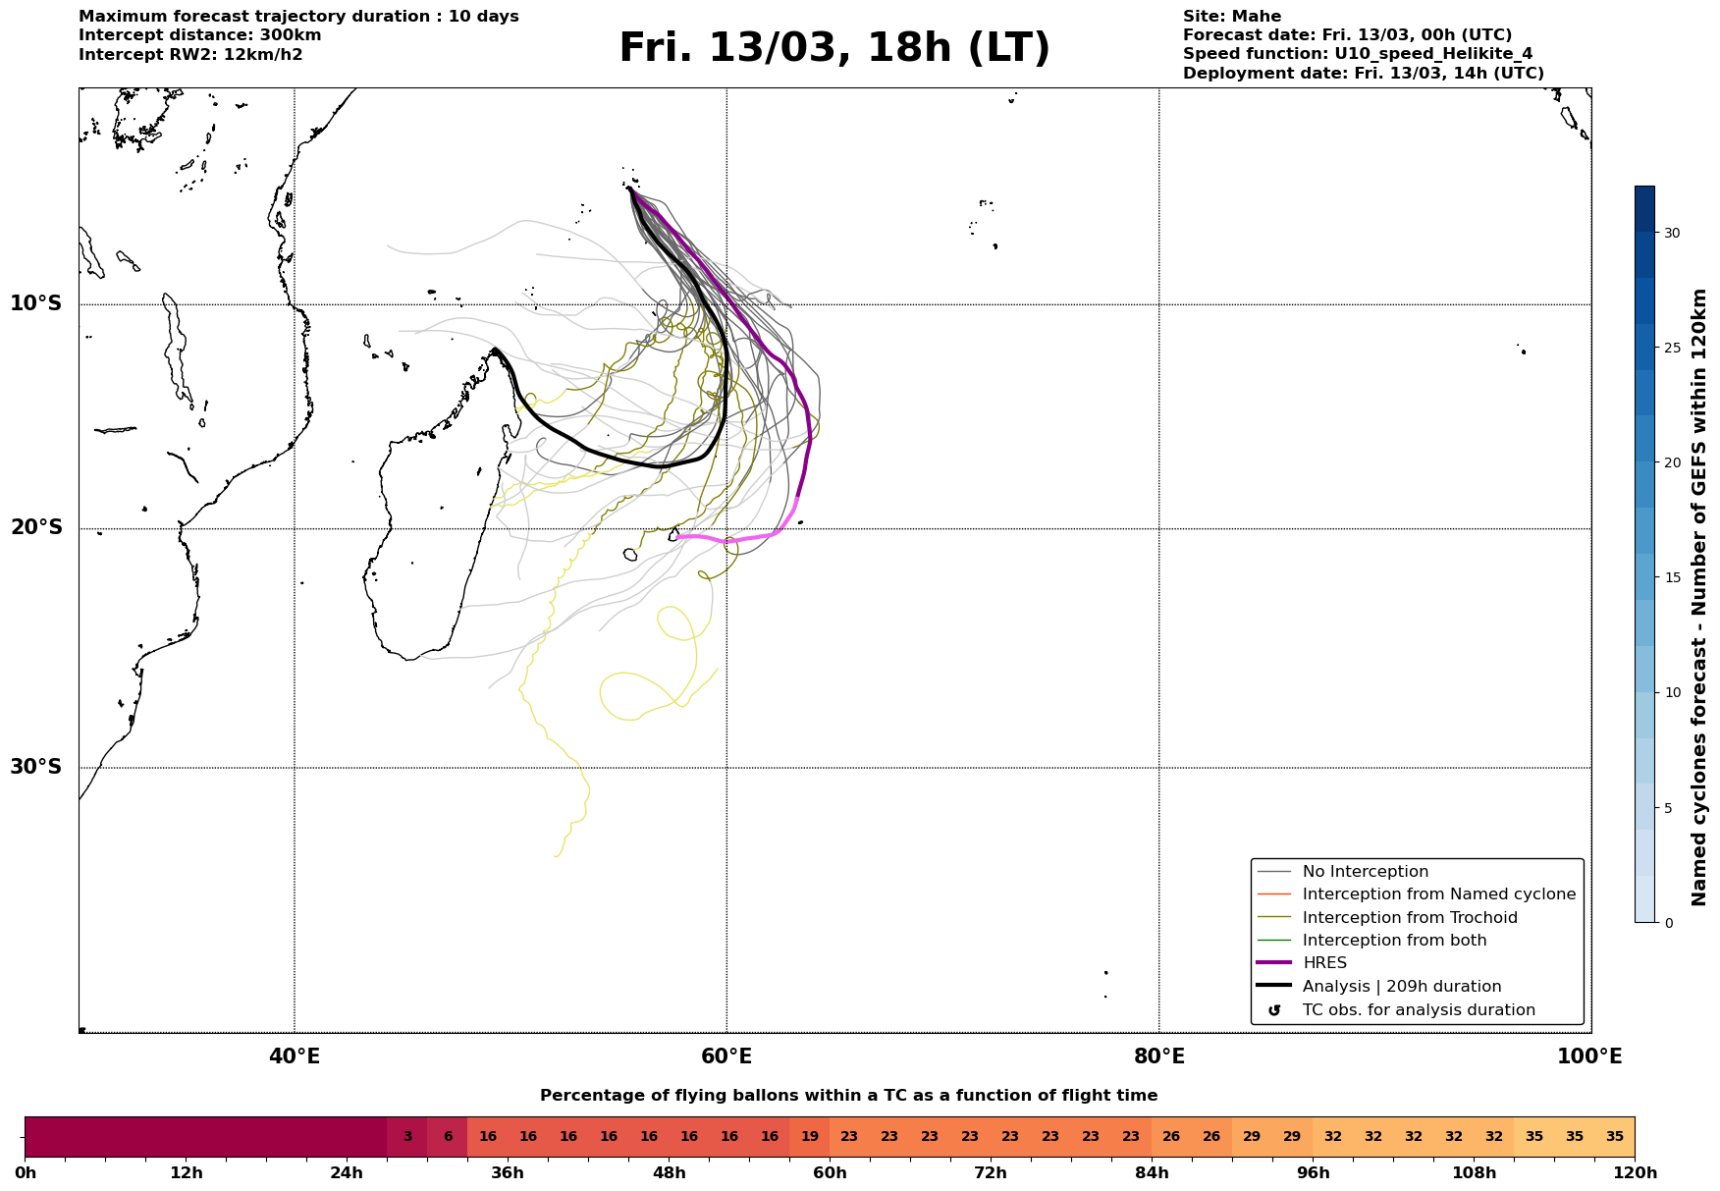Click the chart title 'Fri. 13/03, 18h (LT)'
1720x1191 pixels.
click(x=833, y=48)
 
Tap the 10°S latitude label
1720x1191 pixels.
click(x=36, y=303)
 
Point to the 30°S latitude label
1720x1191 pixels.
click(x=36, y=767)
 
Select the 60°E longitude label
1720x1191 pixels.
click(x=726, y=1057)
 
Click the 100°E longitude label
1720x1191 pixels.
click(x=1589, y=1057)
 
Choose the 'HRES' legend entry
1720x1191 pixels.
click(x=1324, y=963)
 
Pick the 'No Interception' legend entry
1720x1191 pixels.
click(x=1365, y=872)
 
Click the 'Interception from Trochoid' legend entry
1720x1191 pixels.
click(x=1409, y=918)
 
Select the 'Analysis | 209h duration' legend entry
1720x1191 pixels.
click(x=1401, y=987)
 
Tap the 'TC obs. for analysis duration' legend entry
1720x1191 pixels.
click(x=1418, y=1010)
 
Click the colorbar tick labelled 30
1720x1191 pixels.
click(x=1671, y=233)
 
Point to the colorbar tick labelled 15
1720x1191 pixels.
click(x=1671, y=577)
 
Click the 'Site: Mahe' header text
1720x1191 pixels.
click(x=1231, y=17)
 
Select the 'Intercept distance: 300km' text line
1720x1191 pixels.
click(x=199, y=35)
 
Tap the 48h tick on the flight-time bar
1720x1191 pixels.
click(x=669, y=1172)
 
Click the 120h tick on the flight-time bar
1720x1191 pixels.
click(x=1635, y=1172)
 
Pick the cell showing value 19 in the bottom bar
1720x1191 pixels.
click(x=810, y=1137)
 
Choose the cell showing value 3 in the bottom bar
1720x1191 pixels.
click(x=407, y=1137)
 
